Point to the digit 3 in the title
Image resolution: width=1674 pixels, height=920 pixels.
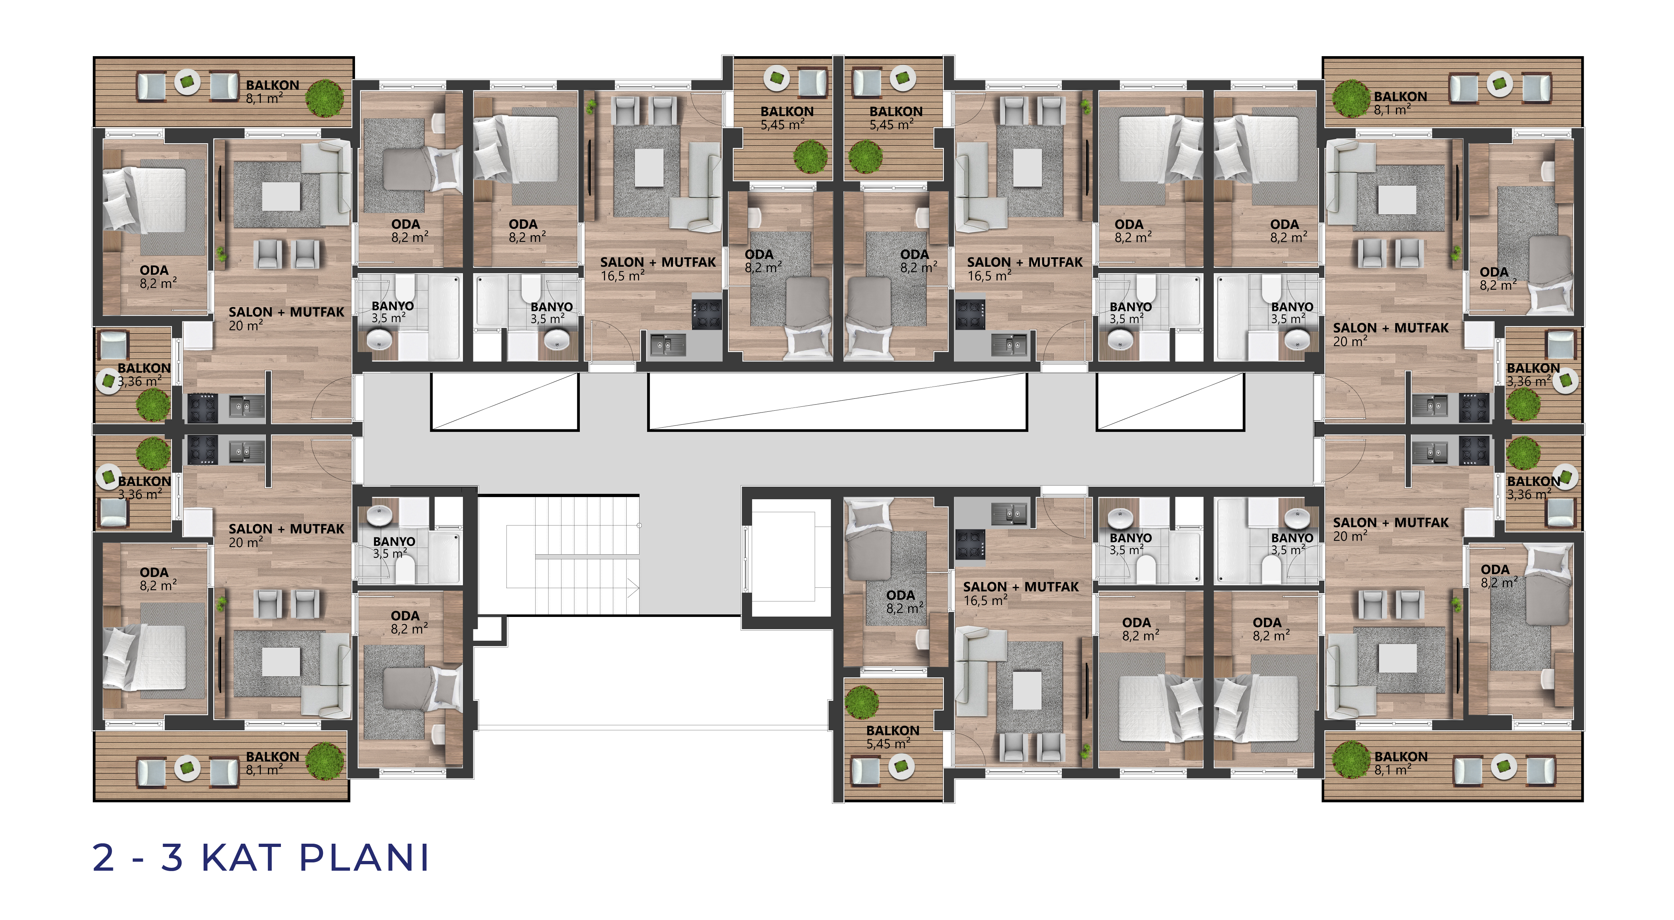tap(172, 858)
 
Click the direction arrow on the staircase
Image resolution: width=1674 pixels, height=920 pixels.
tap(632, 588)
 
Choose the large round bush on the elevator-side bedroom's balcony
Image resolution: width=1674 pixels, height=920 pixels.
tap(862, 702)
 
